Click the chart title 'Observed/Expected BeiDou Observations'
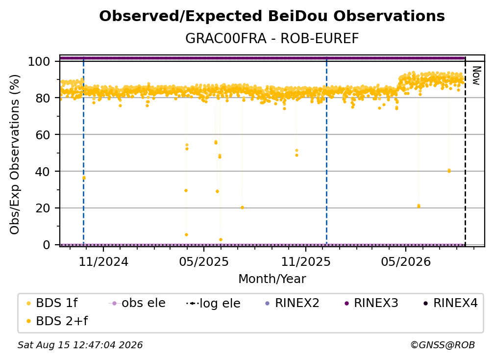point(272,16)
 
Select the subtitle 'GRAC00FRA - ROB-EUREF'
point(272,39)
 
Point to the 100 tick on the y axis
point(39,61)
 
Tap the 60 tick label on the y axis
point(43,135)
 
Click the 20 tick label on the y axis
point(43,208)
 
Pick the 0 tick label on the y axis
point(47,245)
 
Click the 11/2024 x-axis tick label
point(103,261)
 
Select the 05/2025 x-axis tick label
point(204,261)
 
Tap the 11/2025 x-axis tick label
point(306,261)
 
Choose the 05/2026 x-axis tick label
point(406,261)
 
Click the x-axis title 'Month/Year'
point(272,279)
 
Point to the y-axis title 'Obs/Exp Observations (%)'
point(15,154)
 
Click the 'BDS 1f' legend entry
point(52,303)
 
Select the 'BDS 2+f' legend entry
point(57,321)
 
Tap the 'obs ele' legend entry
point(137,303)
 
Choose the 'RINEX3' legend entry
point(371,303)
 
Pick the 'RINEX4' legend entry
point(450,303)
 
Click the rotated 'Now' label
point(476,76)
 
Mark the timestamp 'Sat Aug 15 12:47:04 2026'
point(80,345)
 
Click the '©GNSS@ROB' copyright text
point(443,345)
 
